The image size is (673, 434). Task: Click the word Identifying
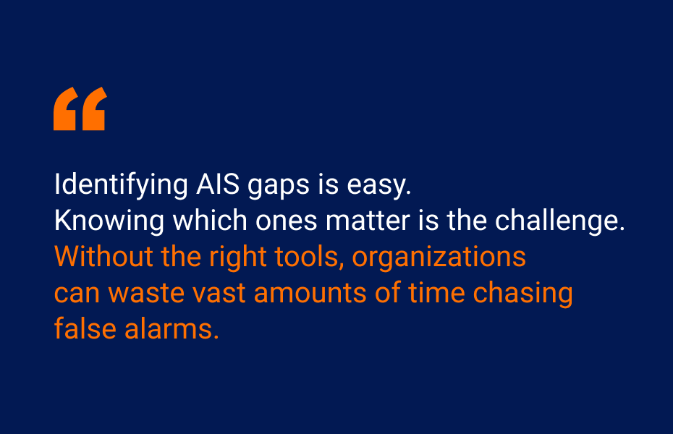121,185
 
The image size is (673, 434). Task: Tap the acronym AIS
218,184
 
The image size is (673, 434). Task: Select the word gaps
279,187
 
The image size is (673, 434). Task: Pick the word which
210,221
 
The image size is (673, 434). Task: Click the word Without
103,257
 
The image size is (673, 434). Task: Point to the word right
238,258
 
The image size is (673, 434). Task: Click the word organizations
439,258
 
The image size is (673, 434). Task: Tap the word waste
146,294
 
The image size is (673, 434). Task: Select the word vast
219,294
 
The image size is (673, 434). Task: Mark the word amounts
310,294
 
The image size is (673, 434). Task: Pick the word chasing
522,294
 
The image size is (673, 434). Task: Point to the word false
85,328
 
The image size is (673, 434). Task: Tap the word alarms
172,328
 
